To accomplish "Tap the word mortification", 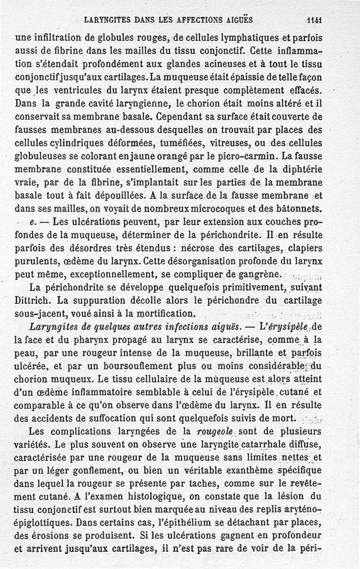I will click(x=166, y=313).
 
